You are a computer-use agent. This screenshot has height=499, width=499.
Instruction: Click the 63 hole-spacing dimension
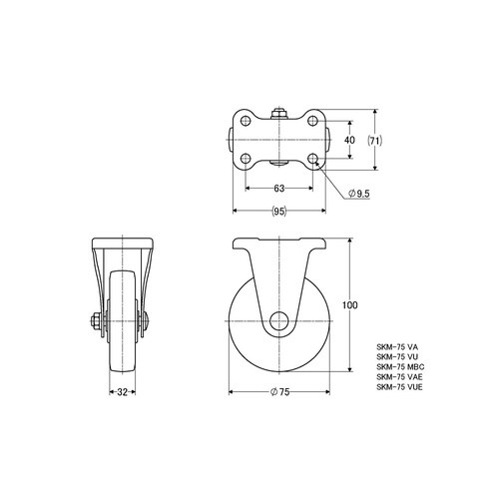[279, 189]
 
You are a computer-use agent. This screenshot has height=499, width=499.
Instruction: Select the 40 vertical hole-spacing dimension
[349, 140]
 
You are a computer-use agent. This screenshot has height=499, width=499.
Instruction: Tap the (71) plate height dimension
[375, 141]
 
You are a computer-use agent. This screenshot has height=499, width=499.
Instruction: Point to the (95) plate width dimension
[278, 211]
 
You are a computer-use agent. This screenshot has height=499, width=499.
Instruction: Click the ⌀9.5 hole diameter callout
[358, 194]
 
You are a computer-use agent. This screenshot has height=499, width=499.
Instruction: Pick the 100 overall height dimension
[350, 305]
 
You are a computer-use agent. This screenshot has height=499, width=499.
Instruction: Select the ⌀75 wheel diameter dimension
[279, 392]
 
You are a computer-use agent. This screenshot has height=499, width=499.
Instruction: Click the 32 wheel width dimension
[122, 392]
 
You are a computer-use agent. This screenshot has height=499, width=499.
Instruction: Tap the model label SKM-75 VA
[397, 347]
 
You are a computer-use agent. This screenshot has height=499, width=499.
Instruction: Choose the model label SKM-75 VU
[397, 357]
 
